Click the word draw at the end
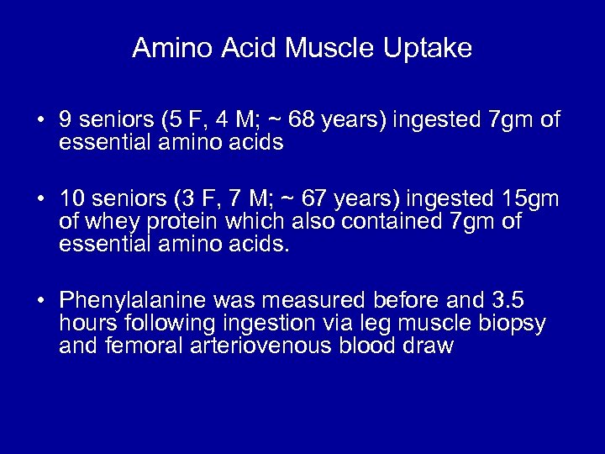click(x=429, y=345)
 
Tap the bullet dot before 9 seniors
click(x=40, y=122)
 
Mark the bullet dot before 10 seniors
click(x=40, y=199)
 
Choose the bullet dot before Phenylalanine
click(x=40, y=301)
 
